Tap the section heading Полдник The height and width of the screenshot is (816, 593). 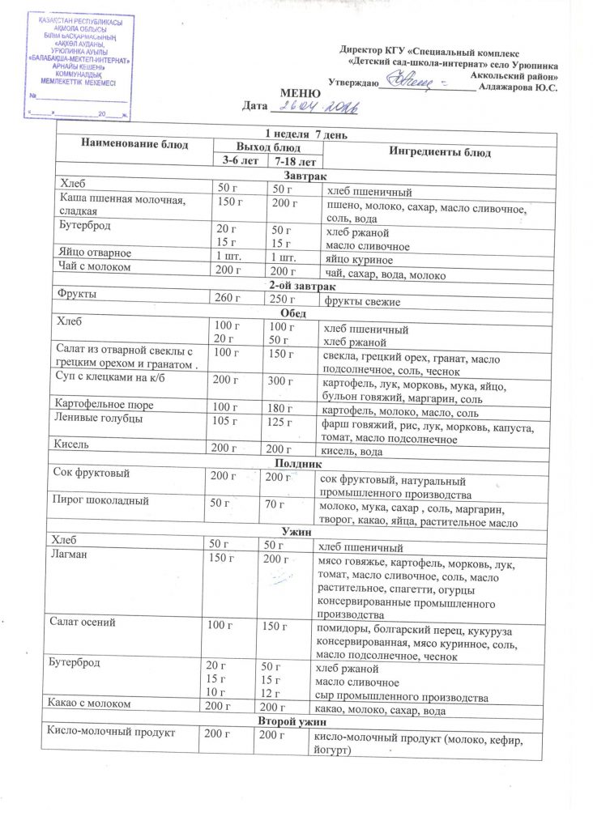click(x=300, y=464)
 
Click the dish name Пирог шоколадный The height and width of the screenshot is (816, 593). click(x=100, y=501)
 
